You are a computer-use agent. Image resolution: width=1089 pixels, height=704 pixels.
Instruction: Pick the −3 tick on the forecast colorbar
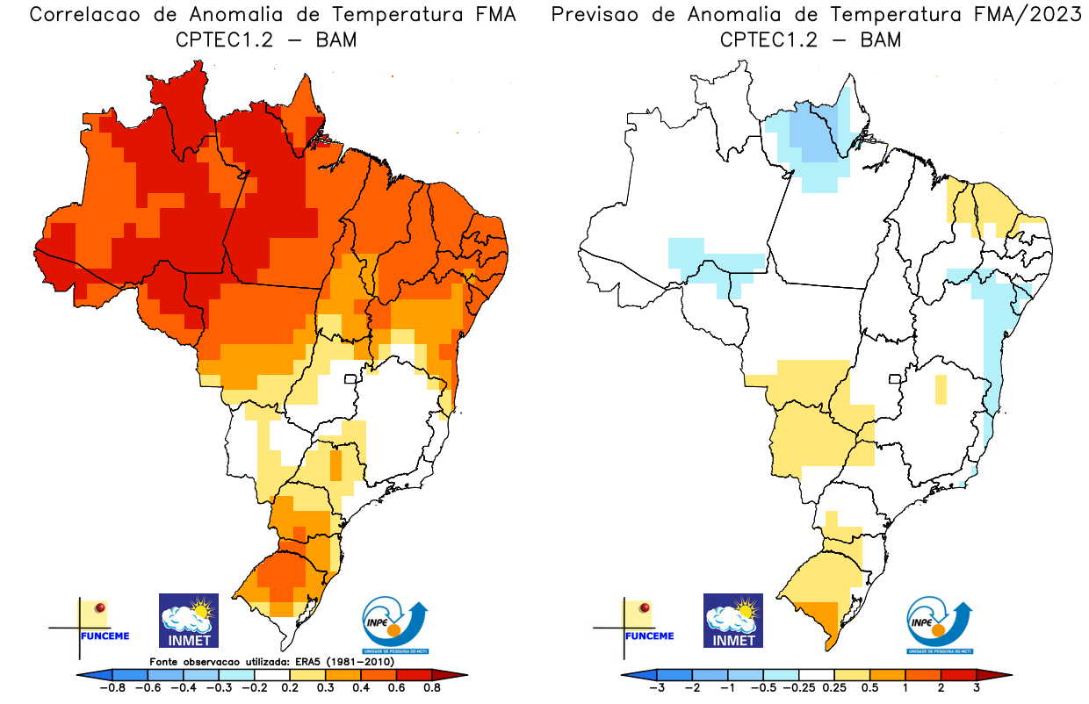click(656, 688)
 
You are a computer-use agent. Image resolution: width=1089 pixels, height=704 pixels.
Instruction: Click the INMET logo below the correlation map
click(188, 620)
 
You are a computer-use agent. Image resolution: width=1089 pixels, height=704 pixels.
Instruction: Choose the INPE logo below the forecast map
click(938, 624)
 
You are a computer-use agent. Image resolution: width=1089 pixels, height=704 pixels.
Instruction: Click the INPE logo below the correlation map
click(393, 624)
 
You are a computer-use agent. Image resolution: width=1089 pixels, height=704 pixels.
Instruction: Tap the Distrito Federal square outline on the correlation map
click(350, 380)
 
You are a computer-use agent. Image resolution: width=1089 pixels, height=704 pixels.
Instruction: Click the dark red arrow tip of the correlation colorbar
click(458, 674)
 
